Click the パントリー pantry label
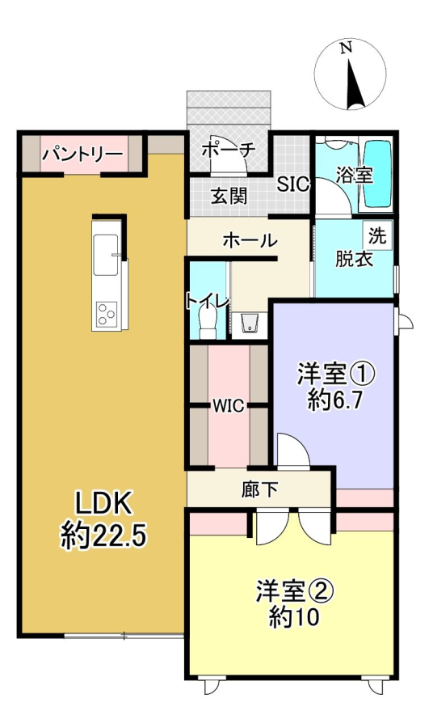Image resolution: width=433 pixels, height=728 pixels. tap(84, 154)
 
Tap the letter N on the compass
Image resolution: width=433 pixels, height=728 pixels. tap(345, 48)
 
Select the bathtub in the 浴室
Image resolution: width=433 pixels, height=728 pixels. tap(377, 174)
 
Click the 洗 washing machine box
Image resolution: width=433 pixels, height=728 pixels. tap(377, 235)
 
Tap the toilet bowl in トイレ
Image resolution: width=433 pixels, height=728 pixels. tap(208, 323)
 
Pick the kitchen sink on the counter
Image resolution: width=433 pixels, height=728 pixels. tap(106, 255)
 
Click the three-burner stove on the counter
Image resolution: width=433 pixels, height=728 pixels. tap(106, 315)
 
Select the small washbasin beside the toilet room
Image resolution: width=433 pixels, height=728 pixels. tap(250, 324)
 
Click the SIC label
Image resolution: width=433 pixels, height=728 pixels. tap(293, 184)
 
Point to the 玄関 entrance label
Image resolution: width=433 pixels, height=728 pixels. tap(229, 197)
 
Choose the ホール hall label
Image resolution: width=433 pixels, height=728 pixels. tap(250, 240)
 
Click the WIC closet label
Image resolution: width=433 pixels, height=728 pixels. tap(229, 406)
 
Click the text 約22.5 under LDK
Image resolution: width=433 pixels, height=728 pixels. tap(104, 537)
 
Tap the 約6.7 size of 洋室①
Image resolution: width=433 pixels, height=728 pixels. tap(334, 400)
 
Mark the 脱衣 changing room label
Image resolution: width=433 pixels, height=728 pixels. tap(354, 260)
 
